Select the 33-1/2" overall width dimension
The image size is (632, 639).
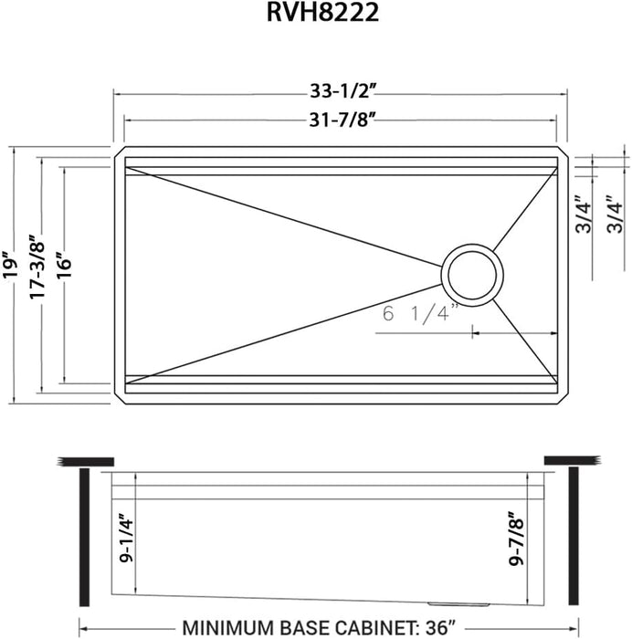coord(341,91)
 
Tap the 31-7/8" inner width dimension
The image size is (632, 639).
coord(341,119)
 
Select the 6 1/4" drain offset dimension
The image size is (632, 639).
coord(420,315)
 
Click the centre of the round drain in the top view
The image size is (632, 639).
coord(471,272)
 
